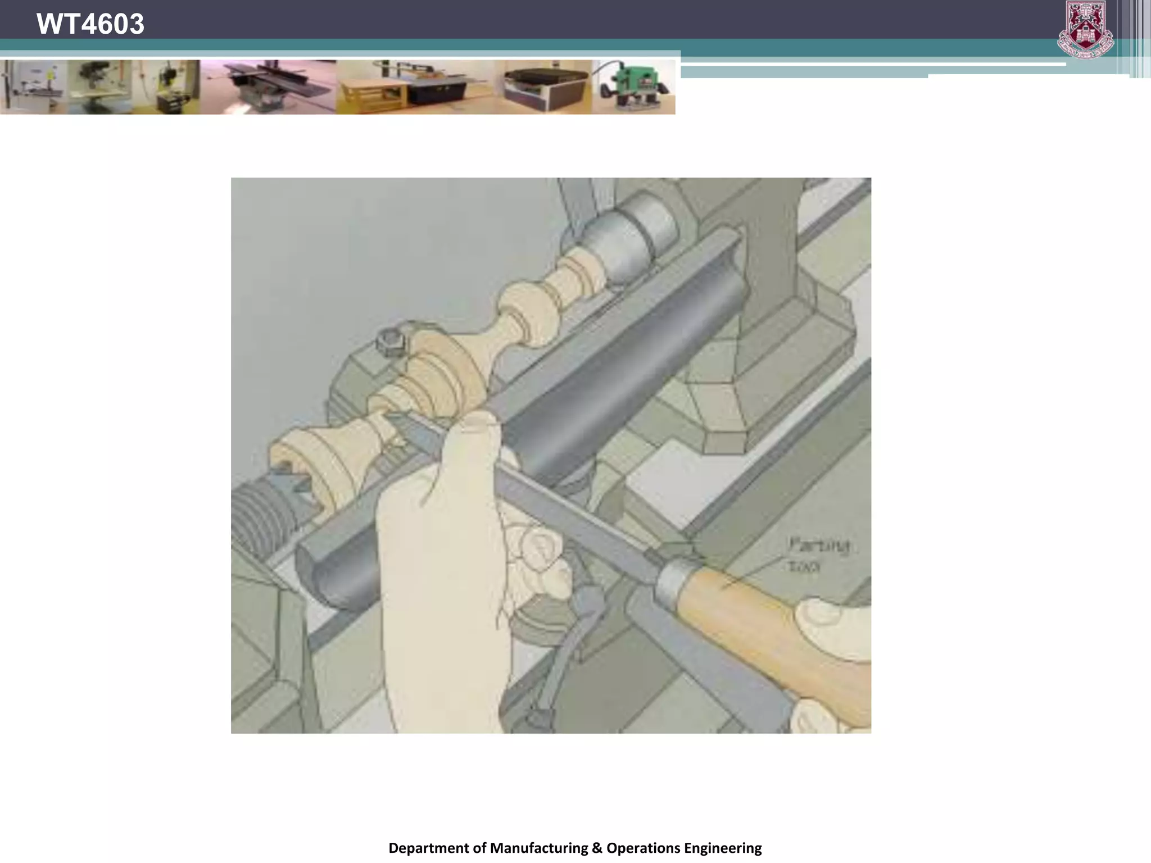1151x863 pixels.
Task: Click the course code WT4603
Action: tap(90, 24)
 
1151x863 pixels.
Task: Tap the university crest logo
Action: tap(1085, 29)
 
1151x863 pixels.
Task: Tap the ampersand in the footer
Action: tap(597, 847)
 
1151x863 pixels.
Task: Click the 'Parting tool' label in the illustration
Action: tap(818, 554)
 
